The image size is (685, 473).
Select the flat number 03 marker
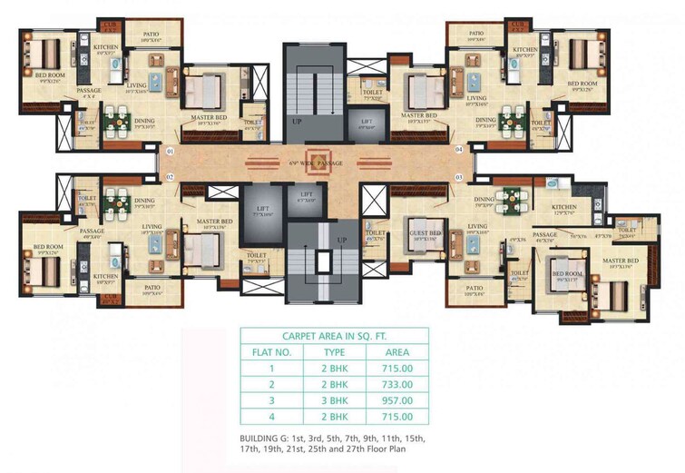coord(459,177)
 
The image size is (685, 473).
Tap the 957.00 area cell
coord(397,400)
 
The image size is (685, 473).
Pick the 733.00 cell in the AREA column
coord(397,384)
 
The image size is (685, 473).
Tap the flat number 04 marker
coord(459,149)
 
